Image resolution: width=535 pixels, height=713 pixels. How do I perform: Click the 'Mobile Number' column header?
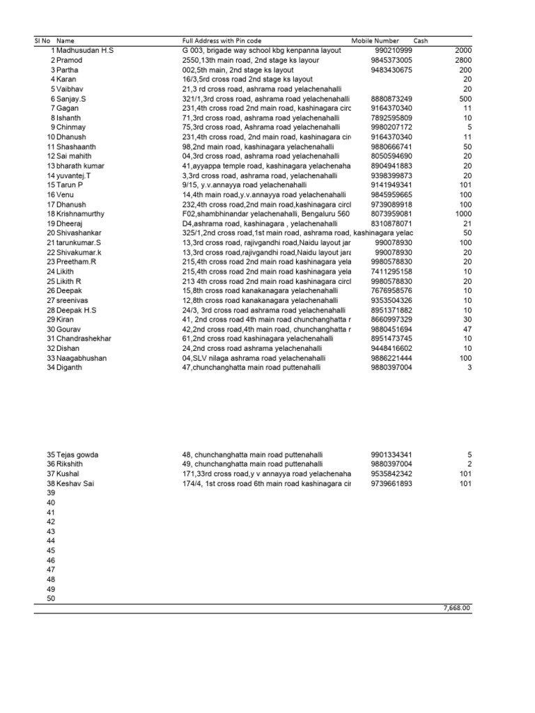click(375, 41)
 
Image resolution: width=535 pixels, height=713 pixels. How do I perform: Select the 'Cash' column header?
click(421, 41)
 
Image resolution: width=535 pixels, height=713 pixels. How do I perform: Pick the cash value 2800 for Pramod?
click(463, 61)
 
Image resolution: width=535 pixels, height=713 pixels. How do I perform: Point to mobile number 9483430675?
click(393, 70)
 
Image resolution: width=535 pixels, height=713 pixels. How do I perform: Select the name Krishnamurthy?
click(86, 214)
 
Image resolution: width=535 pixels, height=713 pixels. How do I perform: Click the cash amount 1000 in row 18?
click(463, 214)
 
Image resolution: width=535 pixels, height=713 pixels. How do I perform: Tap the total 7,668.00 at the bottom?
click(457, 608)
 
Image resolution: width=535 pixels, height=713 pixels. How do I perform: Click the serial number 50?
click(49, 598)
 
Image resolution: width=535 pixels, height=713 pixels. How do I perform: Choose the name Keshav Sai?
click(77, 483)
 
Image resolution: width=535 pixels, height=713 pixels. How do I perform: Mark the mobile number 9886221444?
click(393, 358)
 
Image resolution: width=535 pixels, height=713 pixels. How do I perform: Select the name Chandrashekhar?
click(88, 338)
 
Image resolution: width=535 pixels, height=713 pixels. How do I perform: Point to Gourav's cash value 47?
click(467, 329)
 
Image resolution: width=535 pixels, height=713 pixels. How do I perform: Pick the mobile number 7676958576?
click(393, 290)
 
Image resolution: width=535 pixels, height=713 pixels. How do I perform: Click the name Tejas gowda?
click(77, 455)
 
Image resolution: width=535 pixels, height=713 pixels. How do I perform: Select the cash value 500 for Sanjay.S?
click(465, 99)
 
